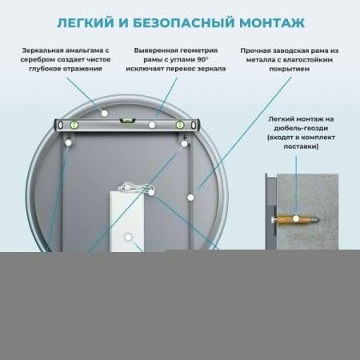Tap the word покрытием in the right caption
(281, 70)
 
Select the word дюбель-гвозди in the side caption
(302, 127)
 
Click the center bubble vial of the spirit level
(125, 121)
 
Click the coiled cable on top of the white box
(133, 186)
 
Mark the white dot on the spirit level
(152, 124)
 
